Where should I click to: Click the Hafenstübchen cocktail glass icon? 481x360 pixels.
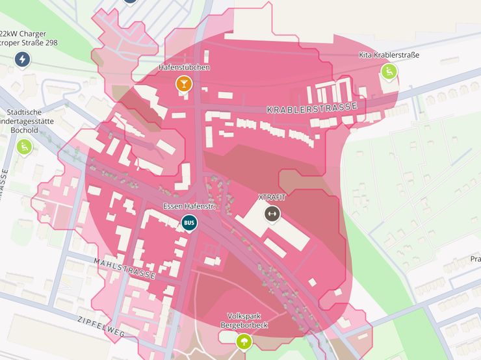click(184, 83)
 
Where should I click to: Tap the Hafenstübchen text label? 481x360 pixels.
click(184, 68)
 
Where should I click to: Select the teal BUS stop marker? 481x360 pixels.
click(189, 224)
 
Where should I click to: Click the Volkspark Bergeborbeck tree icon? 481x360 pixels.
click(243, 341)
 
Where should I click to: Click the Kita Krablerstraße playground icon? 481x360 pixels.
click(389, 71)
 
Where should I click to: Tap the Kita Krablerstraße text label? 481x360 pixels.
click(389, 55)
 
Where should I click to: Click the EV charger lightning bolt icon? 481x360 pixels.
click(23, 60)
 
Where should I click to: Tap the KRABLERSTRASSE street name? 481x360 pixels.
click(312, 109)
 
